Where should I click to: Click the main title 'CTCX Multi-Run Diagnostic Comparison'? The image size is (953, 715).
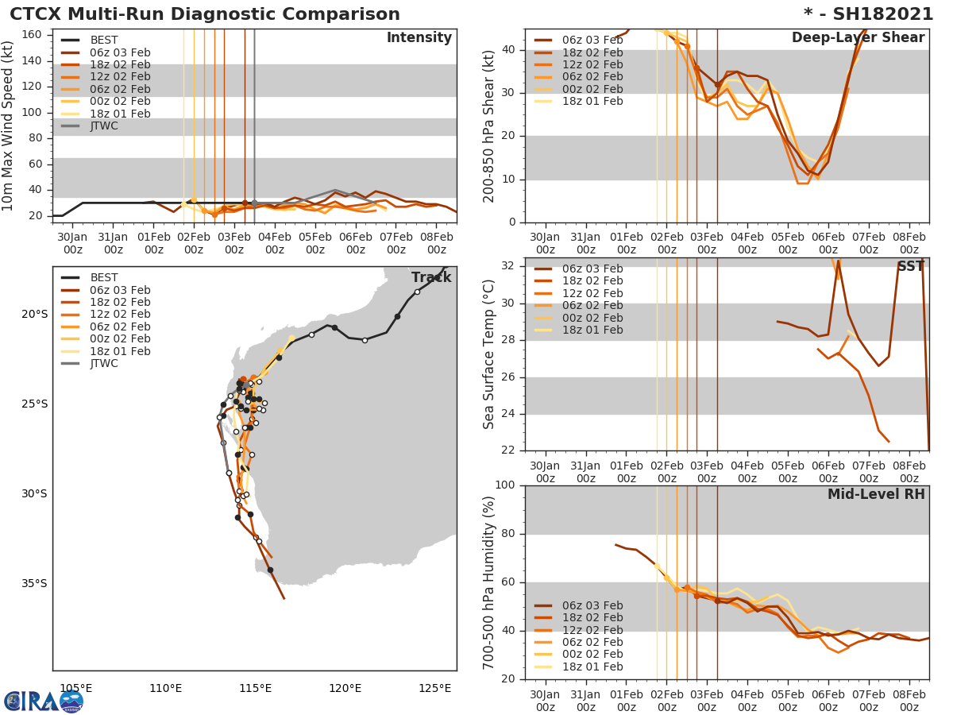point(205,14)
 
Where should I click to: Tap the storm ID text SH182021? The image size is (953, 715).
point(874,14)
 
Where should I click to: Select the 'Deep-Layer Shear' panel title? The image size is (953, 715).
point(858,38)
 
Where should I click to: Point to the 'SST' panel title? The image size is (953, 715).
point(910,266)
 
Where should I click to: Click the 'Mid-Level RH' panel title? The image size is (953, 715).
point(876,494)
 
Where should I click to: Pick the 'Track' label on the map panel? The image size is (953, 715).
point(431,277)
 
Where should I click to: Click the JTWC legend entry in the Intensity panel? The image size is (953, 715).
point(104,126)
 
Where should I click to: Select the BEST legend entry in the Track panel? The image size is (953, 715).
point(104,277)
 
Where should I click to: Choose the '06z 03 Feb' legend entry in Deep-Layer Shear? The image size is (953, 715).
point(592,40)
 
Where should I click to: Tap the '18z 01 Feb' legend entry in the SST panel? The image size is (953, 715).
point(592,330)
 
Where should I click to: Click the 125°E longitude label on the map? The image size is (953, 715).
point(434,688)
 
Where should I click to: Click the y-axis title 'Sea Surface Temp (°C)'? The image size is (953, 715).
point(490,354)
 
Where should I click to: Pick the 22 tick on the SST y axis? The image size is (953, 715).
point(509,450)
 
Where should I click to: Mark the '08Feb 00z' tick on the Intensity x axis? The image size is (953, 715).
point(436,242)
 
